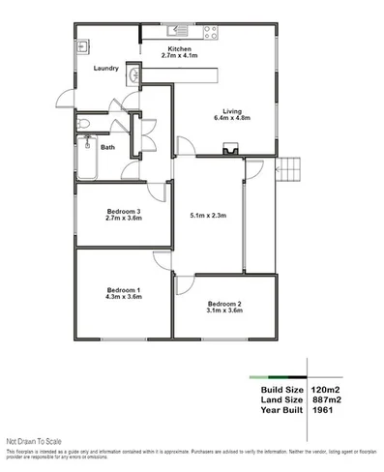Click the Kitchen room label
pyautogui.click(x=180, y=48)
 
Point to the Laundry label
pyautogui.click(x=106, y=68)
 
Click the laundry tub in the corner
pyautogui.click(x=84, y=44)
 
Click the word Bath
pyautogui.click(x=107, y=147)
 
